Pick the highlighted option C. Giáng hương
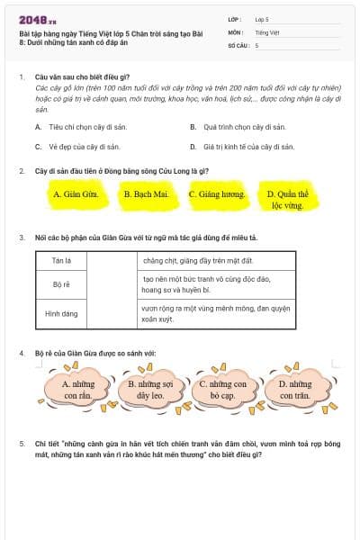(217, 193)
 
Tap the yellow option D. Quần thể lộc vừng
(288, 199)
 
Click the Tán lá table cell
(62, 260)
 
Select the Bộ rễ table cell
(62, 283)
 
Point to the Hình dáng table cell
(62, 313)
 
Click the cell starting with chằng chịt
(216, 260)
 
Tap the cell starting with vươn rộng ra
(216, 312)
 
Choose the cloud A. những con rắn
(79, 389)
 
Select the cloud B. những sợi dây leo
(150, 389)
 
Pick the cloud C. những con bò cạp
(222, 389)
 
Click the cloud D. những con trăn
(294, 389)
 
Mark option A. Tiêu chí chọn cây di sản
(85, 127)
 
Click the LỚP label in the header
(235, 18)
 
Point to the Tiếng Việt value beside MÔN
(265, 31)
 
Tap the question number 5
(22, 444)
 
